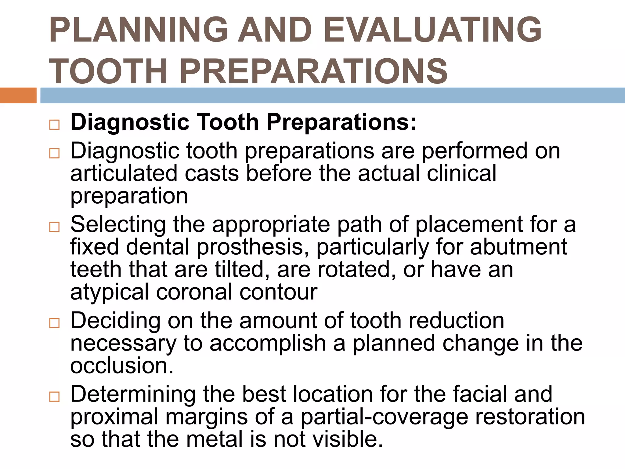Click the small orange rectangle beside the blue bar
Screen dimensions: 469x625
coord(18,95)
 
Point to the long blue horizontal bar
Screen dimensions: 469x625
coord(332,95)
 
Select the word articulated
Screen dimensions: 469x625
coord(124,173)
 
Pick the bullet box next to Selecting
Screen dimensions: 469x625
coord(54,227)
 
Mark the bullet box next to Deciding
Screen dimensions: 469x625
coord(54,323)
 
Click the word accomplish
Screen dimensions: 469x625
coord(268,343)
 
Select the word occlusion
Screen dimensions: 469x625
coord(122,365)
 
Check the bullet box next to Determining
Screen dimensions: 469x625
coord(54,397)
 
